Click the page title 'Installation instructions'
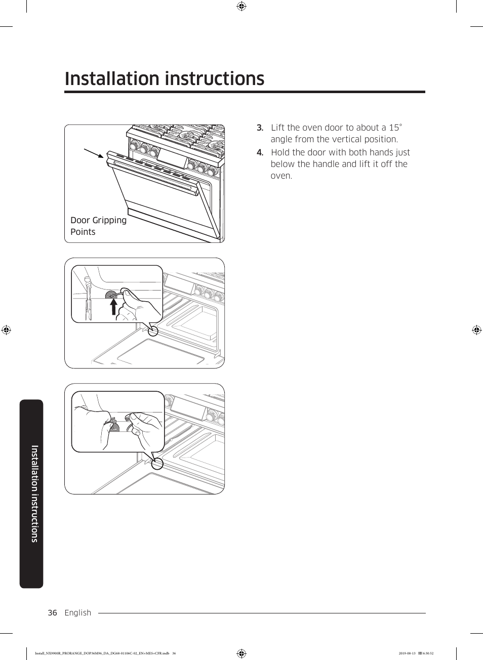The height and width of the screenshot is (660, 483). pos(165,79)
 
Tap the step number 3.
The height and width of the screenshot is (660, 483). pos(260,128)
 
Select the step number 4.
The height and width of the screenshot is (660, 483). pos(260,152)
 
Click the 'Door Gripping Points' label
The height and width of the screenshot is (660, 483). pos(98,226)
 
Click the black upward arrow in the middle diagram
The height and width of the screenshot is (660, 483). pos(114,307)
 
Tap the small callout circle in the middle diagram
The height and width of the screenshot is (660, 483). pos(153,332)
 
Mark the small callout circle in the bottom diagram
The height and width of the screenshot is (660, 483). pos(157,463)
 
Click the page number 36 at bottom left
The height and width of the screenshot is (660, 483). pos(52,612)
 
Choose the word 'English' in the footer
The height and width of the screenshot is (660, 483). pos(78,612)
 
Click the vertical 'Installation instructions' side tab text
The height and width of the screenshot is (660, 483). pos(34,493)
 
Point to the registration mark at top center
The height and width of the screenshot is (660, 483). pos(241,6)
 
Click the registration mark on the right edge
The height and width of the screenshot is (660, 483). pos(476,330)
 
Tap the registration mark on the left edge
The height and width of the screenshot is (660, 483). pos(6,330)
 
